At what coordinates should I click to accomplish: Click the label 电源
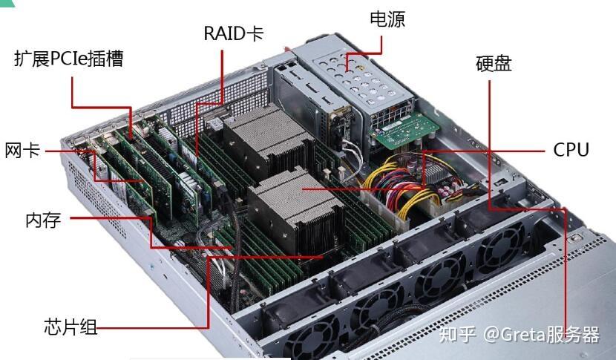(x=387, y=19)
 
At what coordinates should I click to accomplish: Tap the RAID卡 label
(x=233, y=33)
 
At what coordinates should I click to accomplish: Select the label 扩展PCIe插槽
(x=68, y=59)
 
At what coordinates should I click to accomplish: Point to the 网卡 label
(x=22, y=151)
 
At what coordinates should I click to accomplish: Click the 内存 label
(x=42, y=220)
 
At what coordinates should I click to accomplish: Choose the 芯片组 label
(x=71, y=326)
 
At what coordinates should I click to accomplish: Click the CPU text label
(x=571, y=150)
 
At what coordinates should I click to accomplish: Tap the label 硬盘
(x=494, y=64)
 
